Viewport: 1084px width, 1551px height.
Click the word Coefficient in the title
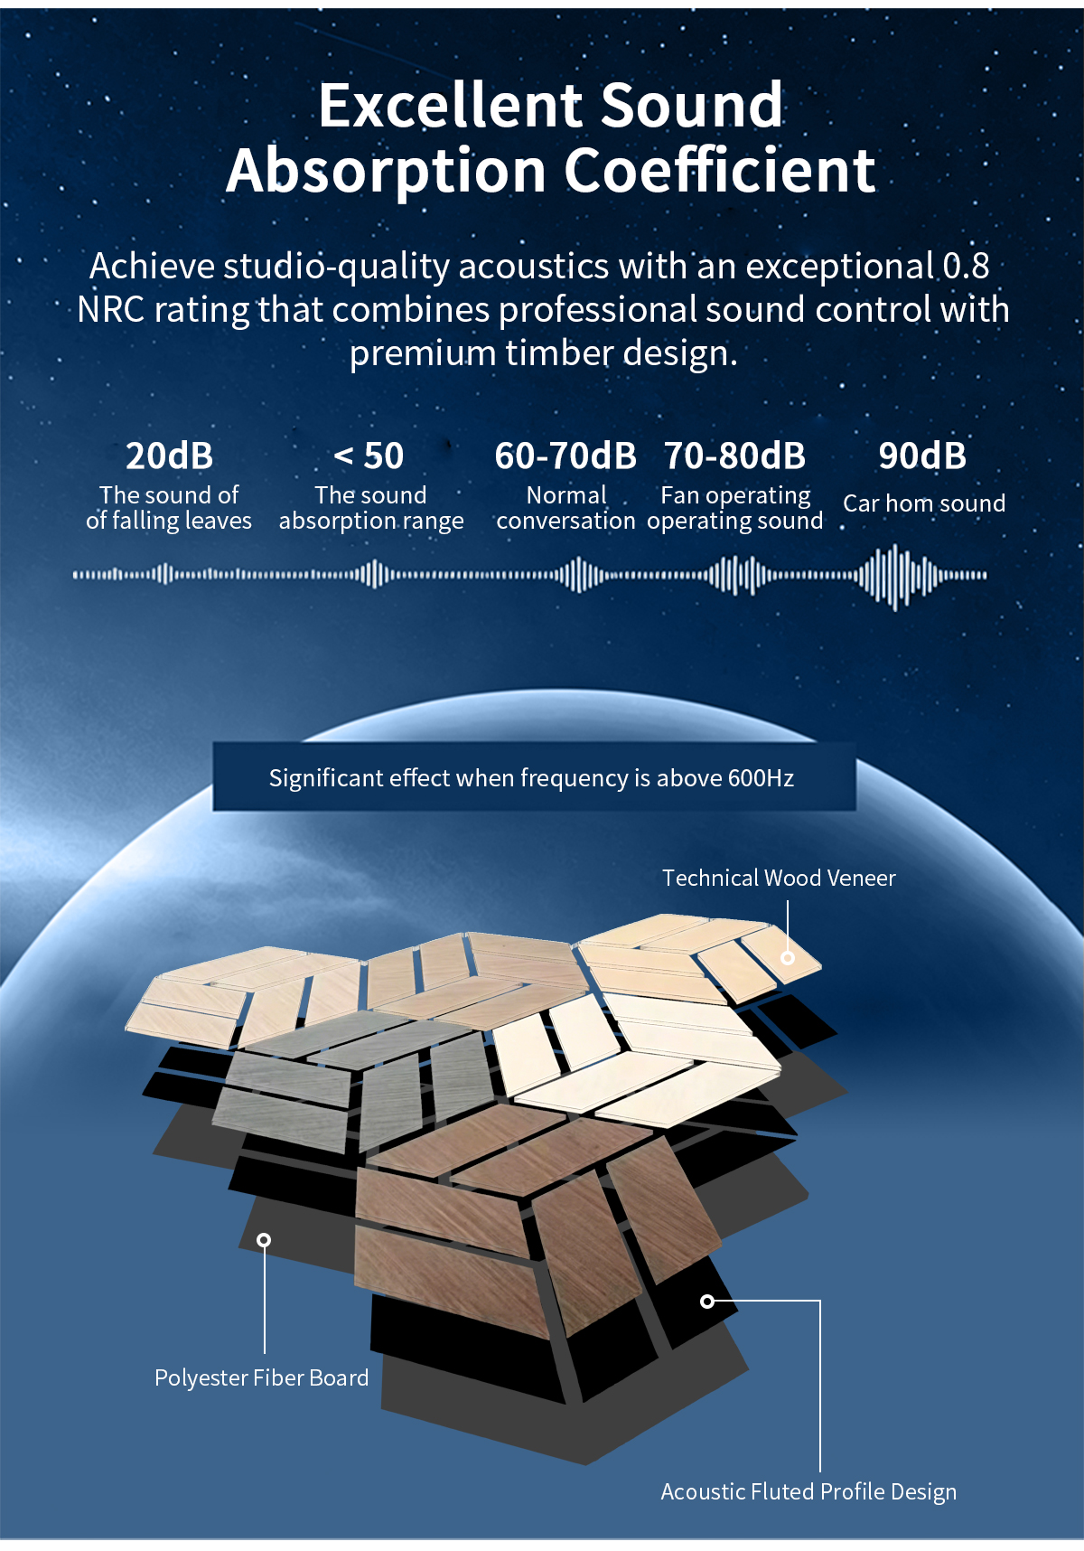point(720,170)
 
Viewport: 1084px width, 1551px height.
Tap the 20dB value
point(169,456)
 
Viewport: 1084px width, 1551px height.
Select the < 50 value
point(369,456)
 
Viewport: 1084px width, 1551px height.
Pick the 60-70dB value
point(565,456)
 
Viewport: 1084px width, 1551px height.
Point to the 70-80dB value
point(734,456)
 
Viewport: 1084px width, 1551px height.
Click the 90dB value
point(922,456)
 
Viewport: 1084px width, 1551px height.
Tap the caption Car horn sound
point(924,503)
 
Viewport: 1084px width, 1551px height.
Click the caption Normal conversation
point(566,508)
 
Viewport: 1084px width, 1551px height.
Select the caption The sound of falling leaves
point(169,508)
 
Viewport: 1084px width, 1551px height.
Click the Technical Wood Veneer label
point(779,878)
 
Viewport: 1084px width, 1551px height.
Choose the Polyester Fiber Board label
point(262,1377)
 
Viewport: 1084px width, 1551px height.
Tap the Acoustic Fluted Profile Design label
point(808,1491)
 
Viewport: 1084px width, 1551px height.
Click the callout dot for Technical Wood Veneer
point(788,957)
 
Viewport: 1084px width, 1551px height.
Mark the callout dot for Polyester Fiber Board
point(264,1239)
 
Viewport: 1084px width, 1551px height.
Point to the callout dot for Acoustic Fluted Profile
point(707,1301)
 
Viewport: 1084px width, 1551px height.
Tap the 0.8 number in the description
point(966,266)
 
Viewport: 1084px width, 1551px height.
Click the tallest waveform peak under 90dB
point(894,577)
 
